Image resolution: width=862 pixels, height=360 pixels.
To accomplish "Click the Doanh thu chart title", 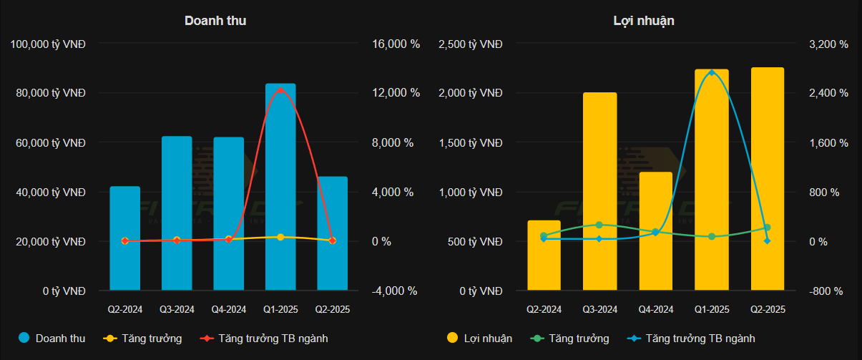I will (x=215, y=21).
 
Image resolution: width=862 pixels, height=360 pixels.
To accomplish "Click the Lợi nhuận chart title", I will (x=644, y=21).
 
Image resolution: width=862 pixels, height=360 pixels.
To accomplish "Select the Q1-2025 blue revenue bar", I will (x=280, y=186).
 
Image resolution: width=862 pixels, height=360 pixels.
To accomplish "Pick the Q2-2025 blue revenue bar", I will (x=332, y=233).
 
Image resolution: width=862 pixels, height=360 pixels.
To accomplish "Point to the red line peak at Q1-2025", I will (x=280, y=89).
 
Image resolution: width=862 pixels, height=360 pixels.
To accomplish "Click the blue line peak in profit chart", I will (x=712, y=72).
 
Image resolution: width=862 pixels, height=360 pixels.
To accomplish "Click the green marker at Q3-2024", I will (x=599, y=225).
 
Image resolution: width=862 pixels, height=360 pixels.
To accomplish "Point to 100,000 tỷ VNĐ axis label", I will (x=49, y=44).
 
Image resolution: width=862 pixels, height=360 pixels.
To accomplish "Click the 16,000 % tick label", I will (x=395, y=44).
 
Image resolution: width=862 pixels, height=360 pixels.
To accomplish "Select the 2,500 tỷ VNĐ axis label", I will (x=471, y=44).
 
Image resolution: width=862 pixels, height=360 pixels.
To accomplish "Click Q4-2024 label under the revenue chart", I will (x=229, y=310).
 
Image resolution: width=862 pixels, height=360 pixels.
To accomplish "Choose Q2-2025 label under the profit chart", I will (x=768, y=310).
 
